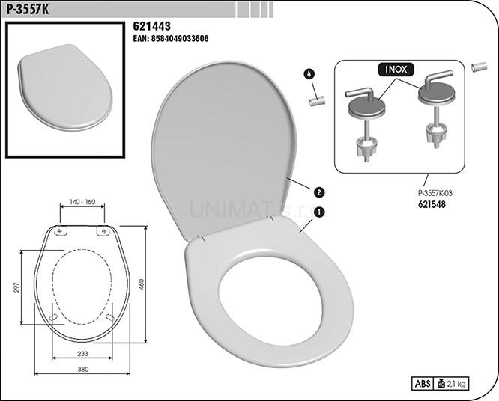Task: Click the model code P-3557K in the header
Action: pos(28,10)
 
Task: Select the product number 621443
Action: pos(152,26)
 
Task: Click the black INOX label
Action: pos(396,70)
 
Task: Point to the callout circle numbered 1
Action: pos(319,212)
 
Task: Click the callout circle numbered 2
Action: pos(319,192)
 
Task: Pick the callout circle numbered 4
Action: pos(309,74)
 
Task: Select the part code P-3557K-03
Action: pos(435,193)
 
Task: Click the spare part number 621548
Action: pos(432,204)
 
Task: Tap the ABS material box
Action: pos(423,384)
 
